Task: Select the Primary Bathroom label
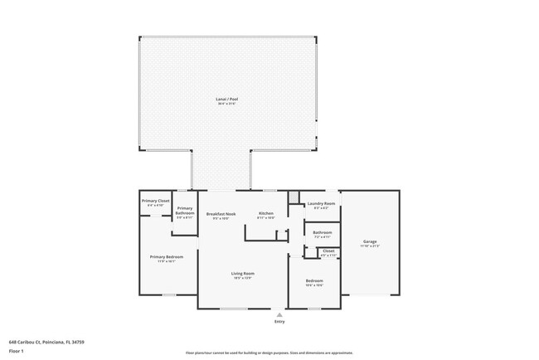coord(184,211)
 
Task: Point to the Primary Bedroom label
coord(167,257)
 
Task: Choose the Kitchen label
coord(265,214)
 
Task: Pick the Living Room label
coord(242,273)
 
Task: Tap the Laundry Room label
coord(321,203)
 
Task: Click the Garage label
coord(369,241)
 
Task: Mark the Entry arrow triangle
coord(279,315)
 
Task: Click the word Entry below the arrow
coord(279,323)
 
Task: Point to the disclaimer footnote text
coord(269,353)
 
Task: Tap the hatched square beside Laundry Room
coord(294,197)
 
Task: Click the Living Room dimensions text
coord(242,278)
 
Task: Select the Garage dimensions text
coord(369,246)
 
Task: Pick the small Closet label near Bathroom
coord(328,251)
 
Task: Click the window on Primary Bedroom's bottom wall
coord(168,294)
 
